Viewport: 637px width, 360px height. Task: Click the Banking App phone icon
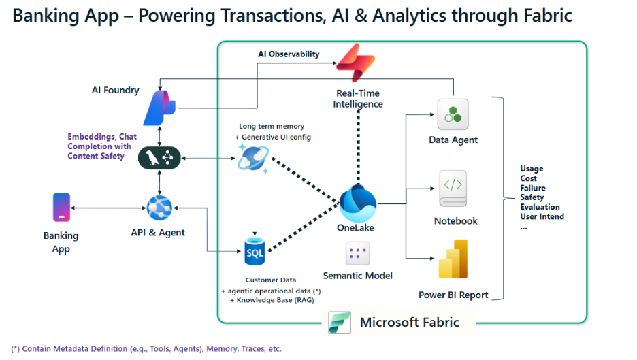coord(61,208)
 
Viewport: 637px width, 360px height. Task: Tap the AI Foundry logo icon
coord(159,108)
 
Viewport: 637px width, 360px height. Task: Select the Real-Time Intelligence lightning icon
coord(356,63)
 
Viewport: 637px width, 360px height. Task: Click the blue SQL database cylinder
coord(255,252)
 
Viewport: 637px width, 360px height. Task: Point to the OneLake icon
coord(357,203)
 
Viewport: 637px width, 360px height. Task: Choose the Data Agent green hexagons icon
coord(453,114)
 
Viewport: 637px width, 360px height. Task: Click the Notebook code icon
coord(453,189)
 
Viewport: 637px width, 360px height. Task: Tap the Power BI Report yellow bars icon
coord(453,259)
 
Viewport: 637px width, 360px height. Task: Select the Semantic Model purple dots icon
coord(357,253)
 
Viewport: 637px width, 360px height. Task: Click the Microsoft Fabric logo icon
coord(340,323)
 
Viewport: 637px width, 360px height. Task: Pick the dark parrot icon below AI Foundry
coord(159,158)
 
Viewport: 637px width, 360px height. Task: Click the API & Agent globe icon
coord(159,208)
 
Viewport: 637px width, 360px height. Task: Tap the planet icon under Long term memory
coord(253,158)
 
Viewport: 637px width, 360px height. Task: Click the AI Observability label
coord(289,54)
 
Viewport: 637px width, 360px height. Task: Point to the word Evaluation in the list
coord(540,207)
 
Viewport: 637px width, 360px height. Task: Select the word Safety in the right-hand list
coord(532,197)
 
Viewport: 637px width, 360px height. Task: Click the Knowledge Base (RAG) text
coord(272,300)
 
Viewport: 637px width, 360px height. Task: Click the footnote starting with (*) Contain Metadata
coord(146,348)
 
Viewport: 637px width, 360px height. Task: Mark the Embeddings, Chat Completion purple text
coord(102,146)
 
